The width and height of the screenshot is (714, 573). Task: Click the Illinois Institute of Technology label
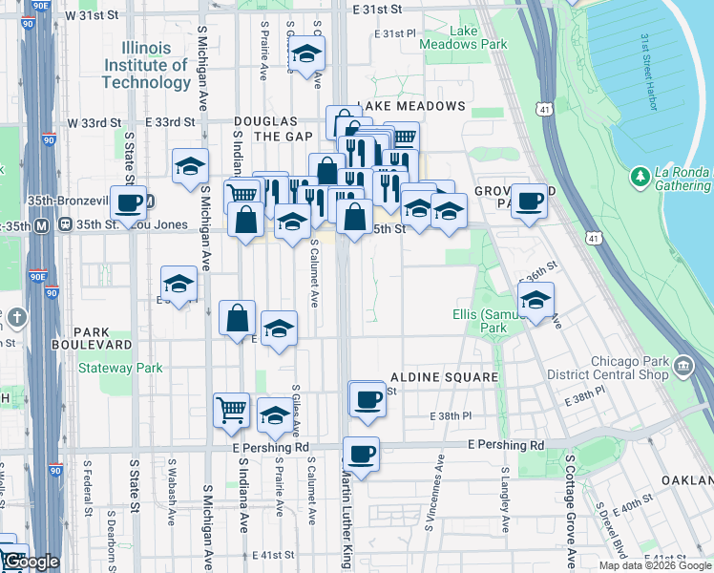click(x=146, y=65)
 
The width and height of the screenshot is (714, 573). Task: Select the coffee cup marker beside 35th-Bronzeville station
click(x=128, y=202)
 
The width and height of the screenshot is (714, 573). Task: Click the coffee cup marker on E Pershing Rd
click(x=360, y=455)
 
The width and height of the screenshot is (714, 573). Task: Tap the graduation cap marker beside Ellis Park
click(x=535, y=299)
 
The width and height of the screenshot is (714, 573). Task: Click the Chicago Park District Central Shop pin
click(x=683, y=366)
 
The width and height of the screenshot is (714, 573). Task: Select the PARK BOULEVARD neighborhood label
click(x=92, y=337)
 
